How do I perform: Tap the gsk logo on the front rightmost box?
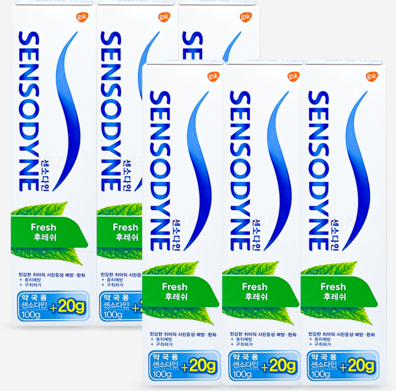pos(370,77)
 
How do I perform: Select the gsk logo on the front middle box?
pos(293,77)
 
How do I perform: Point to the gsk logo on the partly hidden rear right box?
pos(245,17)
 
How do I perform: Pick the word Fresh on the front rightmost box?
pos(333,287)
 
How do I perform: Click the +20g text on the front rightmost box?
pos(359,366)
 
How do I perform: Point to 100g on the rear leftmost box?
pos(31,314)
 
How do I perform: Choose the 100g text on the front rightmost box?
pos(321,374)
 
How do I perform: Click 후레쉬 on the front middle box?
pos(255,297)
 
